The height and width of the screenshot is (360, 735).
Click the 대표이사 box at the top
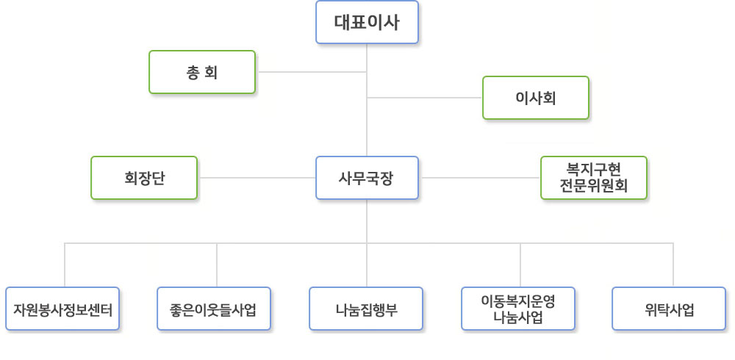367,22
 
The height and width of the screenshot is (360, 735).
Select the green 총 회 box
202,72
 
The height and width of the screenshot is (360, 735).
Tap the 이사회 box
535,98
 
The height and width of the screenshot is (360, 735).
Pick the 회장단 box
144,178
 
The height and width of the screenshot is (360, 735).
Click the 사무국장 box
367,178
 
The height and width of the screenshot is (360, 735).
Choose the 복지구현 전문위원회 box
593,178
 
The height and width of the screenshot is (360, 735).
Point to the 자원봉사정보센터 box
62,309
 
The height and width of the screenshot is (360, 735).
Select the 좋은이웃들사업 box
214,309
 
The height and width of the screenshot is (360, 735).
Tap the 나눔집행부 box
366,309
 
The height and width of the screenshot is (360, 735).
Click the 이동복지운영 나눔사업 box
518,309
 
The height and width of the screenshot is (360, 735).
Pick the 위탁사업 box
669,309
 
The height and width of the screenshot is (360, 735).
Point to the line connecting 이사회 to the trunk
425,98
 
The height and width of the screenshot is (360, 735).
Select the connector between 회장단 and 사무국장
257,178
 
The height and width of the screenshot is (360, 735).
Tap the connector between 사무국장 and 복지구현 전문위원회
479,178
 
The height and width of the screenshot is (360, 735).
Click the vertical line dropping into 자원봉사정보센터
65,264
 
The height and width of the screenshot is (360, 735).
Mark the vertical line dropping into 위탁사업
673,264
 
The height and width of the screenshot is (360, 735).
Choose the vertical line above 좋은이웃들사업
217,264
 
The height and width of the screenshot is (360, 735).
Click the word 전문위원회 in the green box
593,185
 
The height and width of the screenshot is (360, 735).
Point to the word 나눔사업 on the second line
518,317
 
